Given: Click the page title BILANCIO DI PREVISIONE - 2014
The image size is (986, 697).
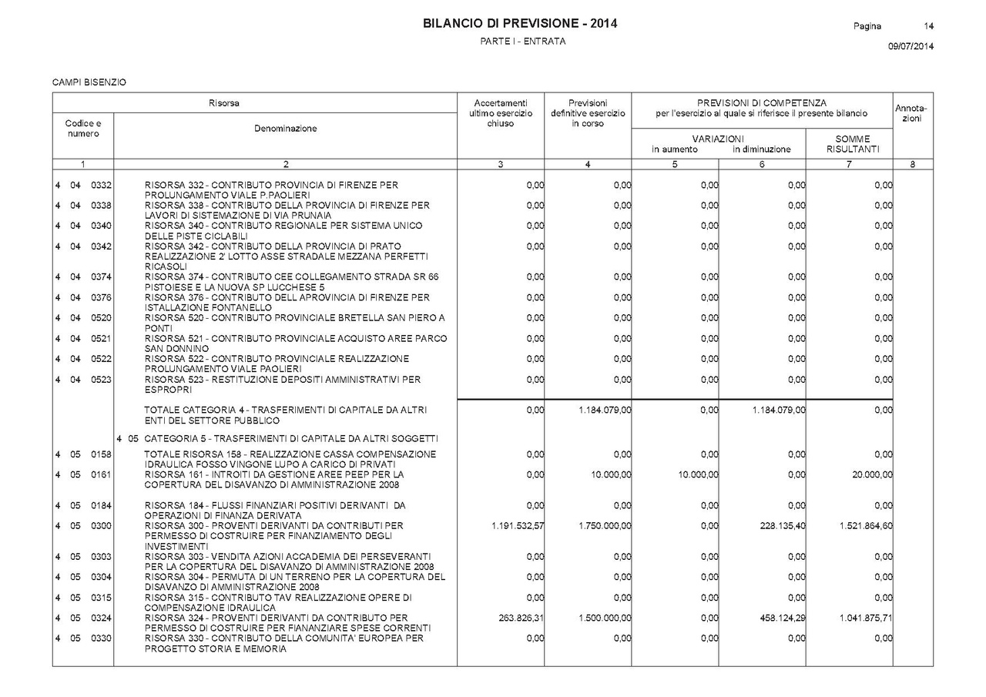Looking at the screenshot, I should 520,24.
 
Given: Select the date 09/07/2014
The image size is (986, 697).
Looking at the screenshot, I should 911,46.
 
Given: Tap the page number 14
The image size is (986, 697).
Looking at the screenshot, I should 929,26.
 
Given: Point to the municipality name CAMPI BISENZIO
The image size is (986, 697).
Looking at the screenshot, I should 89,82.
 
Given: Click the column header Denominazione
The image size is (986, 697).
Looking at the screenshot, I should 285,129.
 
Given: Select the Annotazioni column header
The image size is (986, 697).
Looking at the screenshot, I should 912,113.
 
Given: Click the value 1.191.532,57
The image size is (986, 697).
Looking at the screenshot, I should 518,526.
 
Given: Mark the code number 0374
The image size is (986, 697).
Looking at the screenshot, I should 102,277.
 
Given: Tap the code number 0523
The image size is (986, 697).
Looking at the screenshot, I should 102,380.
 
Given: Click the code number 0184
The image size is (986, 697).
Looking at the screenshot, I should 102,505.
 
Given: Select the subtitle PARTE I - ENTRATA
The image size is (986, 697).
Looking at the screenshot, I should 523,42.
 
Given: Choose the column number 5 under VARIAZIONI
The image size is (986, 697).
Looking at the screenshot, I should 675,164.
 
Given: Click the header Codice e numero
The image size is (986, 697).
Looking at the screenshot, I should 83,129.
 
